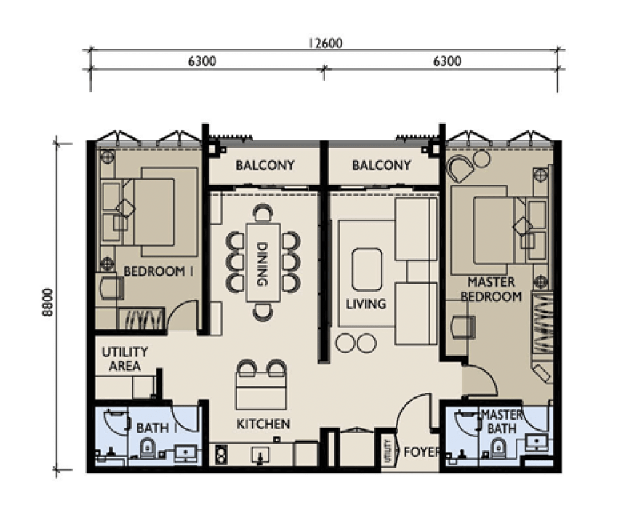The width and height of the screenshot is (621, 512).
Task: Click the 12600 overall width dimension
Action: click(x=326, y=42)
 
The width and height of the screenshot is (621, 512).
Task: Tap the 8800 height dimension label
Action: click(x=47, y=302)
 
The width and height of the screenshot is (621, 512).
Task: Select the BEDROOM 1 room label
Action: click(x=159, y=271)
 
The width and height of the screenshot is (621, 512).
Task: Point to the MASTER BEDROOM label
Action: click(x=491, y=289)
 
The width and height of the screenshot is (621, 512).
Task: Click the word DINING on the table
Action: click(x=263, y=264)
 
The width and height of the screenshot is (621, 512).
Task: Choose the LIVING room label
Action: click(x=366, y=304)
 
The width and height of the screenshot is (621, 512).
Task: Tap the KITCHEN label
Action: click(x=263, y=424)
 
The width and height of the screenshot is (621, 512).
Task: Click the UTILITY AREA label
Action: click(x=125, y=359)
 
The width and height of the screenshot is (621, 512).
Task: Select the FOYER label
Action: click(x=422, y=452)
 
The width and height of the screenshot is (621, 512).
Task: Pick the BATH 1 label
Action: click(x=156, y=428)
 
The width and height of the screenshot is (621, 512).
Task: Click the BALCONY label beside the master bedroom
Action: click(x=381, y=165)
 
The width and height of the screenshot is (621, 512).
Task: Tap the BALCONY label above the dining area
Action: click(x=265, y=165)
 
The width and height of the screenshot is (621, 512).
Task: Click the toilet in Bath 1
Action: click(x=147, y=449)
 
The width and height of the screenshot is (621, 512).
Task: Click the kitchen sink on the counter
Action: click(x=260, y=455)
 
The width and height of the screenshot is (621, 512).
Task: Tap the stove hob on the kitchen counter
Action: click(x=221, y=455)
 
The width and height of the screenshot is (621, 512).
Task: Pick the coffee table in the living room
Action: click(x=367, y=270)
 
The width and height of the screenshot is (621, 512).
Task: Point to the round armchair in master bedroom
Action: click(x=460, y=168)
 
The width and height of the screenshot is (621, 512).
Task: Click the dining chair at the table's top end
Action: click(x=263, y=212)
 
